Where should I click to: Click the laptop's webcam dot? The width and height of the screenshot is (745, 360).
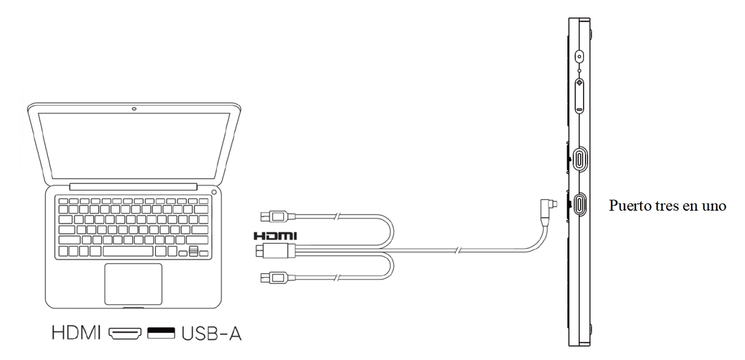134,109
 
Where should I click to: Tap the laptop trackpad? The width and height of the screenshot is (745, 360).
133,284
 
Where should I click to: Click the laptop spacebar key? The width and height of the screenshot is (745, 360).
128,251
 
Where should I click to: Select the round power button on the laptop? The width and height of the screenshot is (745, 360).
214,192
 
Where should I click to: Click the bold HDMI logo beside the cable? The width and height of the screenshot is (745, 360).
275,236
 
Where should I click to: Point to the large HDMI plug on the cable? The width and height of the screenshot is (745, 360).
275,251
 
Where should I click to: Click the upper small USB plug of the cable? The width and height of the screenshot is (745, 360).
278,217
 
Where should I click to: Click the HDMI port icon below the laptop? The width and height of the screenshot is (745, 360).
125,333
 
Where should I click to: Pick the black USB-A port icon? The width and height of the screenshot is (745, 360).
161,333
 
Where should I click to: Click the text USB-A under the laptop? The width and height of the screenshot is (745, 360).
212,333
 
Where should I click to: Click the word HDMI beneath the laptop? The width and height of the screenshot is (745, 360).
76,333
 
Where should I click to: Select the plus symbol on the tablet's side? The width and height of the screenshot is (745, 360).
580,83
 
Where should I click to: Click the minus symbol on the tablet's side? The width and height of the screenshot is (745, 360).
580,109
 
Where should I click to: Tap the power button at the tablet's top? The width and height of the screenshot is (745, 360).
580,56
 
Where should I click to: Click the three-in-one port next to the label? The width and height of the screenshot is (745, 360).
580,205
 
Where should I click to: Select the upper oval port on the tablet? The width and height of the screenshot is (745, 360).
580,158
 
